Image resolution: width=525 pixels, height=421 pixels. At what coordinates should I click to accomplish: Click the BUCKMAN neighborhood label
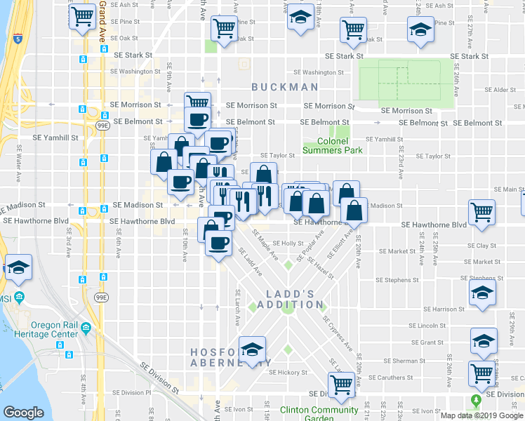(286, 87)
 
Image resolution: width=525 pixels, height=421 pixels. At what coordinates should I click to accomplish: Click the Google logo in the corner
(23, 413)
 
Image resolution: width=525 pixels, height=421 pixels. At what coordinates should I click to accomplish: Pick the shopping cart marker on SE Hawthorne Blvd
(481, 211)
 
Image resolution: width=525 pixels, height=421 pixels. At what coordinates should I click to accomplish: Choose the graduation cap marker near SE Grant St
(483, 342)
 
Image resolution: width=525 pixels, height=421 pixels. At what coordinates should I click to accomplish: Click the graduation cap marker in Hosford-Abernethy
(252, 349)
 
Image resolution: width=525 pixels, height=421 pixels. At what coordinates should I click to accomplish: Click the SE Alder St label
(502, 90)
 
